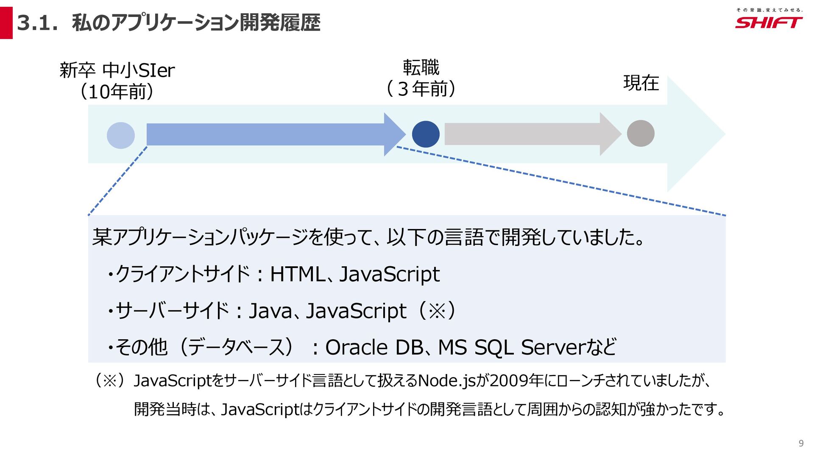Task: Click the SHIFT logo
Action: pos(768,22)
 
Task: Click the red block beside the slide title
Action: pos(6,23)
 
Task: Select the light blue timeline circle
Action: pos(121,135)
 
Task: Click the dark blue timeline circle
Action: pos(426,134)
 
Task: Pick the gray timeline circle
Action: pos(640,134)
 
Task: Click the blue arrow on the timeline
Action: pos(271,134)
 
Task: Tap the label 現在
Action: pos(641,83)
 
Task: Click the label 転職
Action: pos(421,67)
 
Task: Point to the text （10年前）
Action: pos(117,92)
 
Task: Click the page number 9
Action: pos(801,443)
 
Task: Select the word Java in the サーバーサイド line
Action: pos(270,311)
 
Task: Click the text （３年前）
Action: pos(421,89)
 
